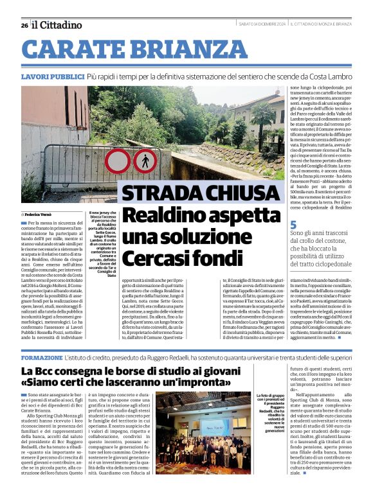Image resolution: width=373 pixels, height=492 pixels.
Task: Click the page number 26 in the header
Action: [x=24, y=25]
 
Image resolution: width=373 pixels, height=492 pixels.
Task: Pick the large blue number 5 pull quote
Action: [x=293, y=225]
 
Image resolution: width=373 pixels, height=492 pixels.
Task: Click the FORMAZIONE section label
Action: [x=42, y=356]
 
